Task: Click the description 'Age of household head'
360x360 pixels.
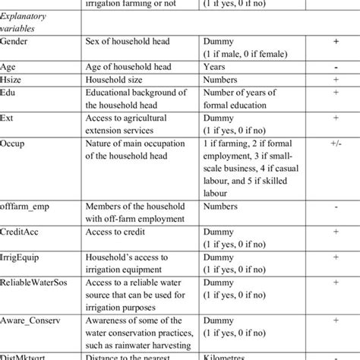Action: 130,67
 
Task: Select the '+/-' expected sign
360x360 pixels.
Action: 335,142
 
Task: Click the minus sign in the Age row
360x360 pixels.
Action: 335,67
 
